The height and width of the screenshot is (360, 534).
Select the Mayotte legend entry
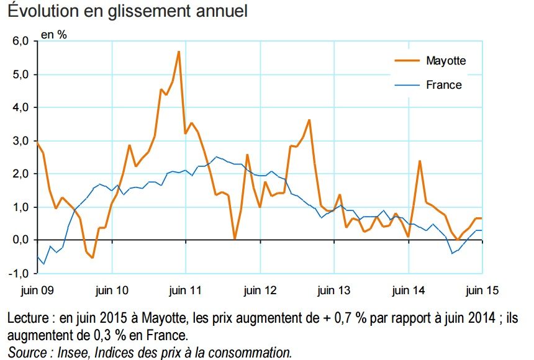tap(445, 60)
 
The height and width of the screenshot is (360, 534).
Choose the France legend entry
tap(443, 85)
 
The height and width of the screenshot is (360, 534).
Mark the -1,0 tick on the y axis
tap(19, 274)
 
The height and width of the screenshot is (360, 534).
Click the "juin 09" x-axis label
tap(36, 289)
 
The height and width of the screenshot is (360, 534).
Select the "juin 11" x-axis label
tap(185, 289)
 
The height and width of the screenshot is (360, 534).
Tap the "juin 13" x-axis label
tap(334, 289)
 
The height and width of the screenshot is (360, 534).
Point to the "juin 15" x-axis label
tap(482, 289)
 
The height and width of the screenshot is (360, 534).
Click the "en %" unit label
tap(54, 35)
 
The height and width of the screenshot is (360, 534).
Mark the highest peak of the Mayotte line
tap(179, 52)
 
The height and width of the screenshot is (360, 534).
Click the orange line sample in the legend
tap(407, 60)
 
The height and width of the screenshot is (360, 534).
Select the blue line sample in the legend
tap(407, 85)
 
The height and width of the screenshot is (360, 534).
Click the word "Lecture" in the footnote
tap(30, 319)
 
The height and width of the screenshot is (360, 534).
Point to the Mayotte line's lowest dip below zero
tap(93, 257)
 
